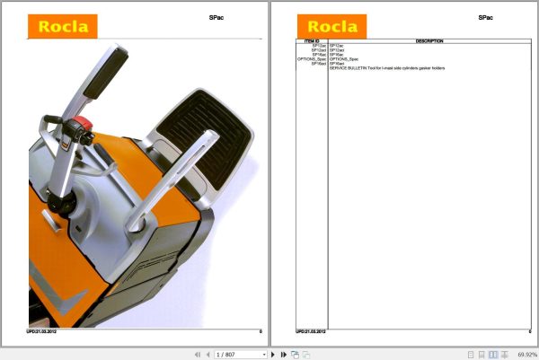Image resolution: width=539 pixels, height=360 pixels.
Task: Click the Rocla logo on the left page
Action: (x=62, y=26)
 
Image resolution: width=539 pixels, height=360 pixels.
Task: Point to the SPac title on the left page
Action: (x=216, y=17)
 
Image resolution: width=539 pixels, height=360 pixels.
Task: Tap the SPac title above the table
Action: (x=486, y=17)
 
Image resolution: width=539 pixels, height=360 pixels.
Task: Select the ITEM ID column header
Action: (x=313, y=40)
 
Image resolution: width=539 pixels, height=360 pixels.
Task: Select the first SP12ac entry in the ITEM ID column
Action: (x=319, y=45)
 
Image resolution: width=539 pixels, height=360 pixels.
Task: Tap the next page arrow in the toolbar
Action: (x=277, y=355)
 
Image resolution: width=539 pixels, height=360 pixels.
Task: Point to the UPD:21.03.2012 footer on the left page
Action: (x=43, y=331)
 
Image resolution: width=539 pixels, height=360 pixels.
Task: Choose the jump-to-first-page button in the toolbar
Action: (x=196, y=355)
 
